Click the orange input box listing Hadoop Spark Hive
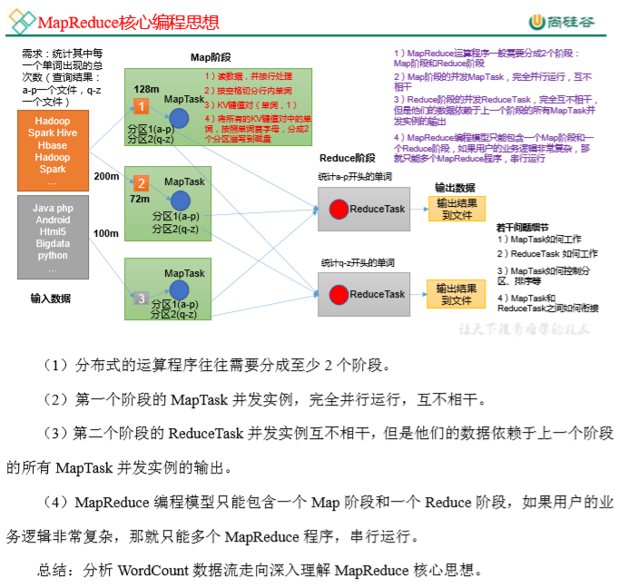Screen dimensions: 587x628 [x=53, y=151]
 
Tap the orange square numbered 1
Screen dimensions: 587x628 [x=141, y=105]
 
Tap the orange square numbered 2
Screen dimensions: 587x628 [x=141, y=182]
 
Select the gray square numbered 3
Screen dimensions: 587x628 [x=141, y=297]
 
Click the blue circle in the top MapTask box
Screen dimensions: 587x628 [x=180, y=118]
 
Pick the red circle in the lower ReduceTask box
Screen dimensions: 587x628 [x=339, y=294]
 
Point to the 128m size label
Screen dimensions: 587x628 [x=146, y=89]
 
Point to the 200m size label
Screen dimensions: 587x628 [x=106, y=175]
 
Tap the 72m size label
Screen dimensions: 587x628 [x=140, y=199]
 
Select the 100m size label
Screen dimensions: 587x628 [x=106, y=234]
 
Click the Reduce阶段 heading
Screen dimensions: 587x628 [x=347, y=157]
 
